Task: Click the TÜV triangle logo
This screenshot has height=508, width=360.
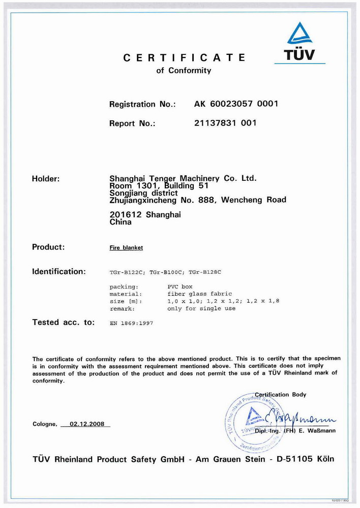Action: click(300, 34)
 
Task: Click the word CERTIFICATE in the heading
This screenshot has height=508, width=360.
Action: click(185, 58)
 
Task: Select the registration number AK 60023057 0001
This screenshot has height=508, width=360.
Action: click(236, 104)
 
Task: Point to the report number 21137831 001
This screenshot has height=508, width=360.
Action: click(225, 123)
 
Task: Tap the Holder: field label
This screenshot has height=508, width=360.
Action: click(46, 179)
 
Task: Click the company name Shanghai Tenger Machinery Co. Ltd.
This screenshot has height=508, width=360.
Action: click(183, 179)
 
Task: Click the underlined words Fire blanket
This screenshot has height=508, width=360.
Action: click(127, 248)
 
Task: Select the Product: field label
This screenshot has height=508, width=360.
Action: click(48, 247)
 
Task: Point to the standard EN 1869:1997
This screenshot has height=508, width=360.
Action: click(131, 323)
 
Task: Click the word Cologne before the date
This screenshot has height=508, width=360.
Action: click(45, 424)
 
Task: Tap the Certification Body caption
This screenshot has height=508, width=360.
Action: click(281, 395)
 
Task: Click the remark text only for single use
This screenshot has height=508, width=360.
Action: click(201, 308)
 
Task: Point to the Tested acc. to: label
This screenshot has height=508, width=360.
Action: click(63, 322)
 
